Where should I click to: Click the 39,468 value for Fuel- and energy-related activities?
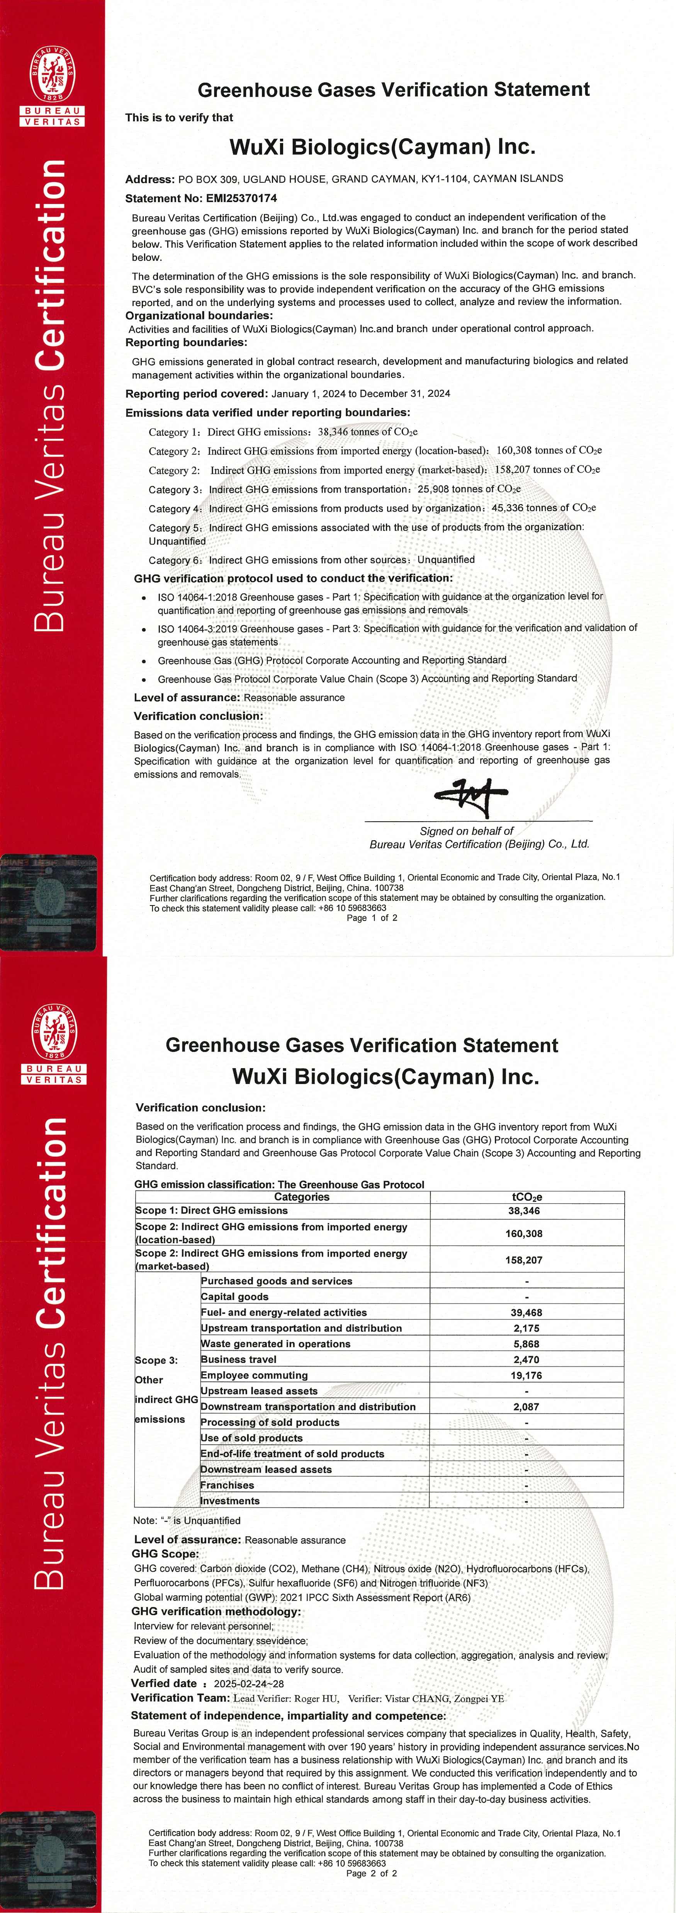(526, 1313)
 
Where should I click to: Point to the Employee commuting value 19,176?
(526, 1375)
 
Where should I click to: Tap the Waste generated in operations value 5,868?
(526, 1344)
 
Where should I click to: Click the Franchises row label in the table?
(227, 1485)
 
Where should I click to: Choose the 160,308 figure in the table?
(524, 1234)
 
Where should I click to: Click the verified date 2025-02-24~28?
(249, 1683)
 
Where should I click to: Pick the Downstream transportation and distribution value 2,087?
(526, 1406)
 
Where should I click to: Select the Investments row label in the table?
(230, 1501)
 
